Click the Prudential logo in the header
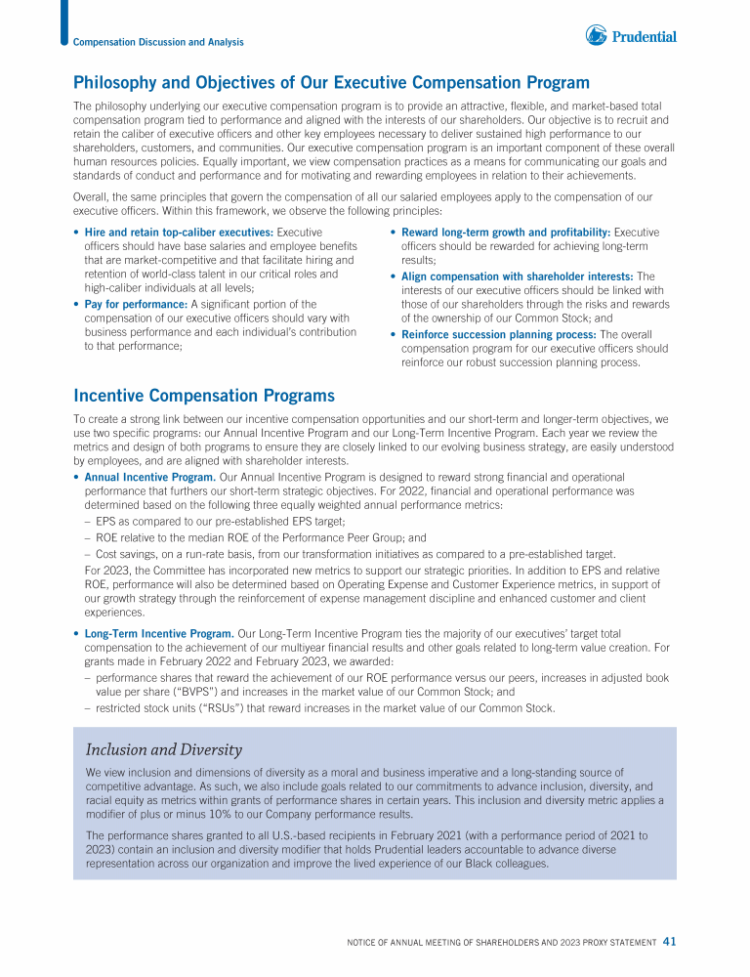(x=631, y=36)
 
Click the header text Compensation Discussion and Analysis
(x=158, y=42)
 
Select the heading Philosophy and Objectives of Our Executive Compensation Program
(x=331, y=83)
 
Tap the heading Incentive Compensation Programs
(x=204, y=396)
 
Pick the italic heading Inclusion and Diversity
(x=164, y=750)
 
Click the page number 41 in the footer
(x=669, y=942)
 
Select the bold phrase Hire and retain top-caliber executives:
(x=179, y=233)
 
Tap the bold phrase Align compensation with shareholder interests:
(x=518, y=276)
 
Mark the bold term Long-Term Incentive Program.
(x=159, y=634)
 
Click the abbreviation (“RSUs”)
(x=204, y=708)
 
